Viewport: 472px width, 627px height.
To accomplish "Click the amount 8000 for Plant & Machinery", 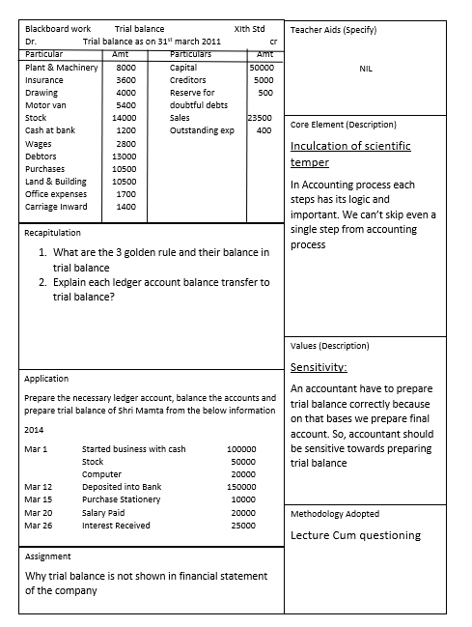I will tap(125, 68).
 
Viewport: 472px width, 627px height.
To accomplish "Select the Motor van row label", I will tap(44, 105).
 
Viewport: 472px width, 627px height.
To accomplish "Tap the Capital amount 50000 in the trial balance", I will tap(262, 68).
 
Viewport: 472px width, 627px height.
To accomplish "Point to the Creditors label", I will tap(188, 80).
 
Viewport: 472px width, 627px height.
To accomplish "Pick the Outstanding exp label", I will tap(202, 130).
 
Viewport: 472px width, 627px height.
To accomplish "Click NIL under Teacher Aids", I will tap(366, 69).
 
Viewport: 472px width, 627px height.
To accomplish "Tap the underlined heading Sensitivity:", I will tap(319, 367).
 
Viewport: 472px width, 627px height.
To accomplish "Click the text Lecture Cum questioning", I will tap(355, 535).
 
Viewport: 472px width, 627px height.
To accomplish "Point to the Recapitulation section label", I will tap(53, 233).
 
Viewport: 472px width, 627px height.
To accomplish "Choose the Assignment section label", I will tap(47, 556).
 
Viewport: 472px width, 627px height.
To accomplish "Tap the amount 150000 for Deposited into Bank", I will tap(241, 487).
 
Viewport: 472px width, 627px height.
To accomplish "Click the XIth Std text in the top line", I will tap(249, 29).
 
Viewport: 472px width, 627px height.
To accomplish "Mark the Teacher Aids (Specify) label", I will tap(333, 30).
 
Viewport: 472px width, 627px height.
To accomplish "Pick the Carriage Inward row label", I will tap(56, 207).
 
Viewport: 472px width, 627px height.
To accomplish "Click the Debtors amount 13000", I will tap(125, 156).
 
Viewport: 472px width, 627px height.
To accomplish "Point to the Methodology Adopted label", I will tap(335, 514).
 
